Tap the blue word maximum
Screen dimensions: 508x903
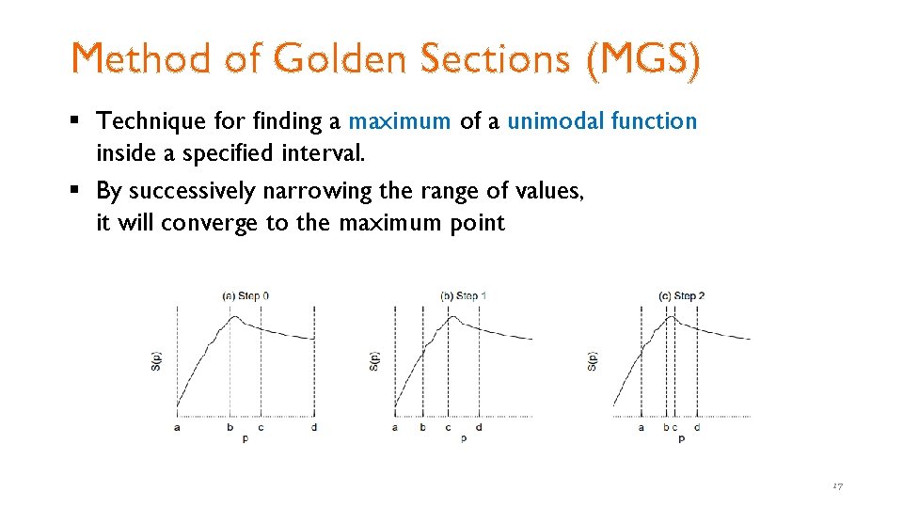click(400, 121)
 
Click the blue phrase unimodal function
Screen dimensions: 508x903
click(602, 121)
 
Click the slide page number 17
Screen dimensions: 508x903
click(837, 485)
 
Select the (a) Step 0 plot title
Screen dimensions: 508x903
click(246, 295)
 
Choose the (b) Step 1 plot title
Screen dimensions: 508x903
click(464, 295)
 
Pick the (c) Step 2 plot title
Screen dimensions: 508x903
click(682, 295)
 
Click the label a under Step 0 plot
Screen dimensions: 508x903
click(177, 427)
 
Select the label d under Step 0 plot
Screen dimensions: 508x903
click(314, 427)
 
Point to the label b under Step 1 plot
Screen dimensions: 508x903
click(421, 427)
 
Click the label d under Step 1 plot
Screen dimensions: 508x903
click(479, 427)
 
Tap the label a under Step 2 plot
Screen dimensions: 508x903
click(642, 427)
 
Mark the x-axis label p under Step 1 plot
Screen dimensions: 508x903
click(464, 438)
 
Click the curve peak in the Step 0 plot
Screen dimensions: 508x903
click(235, 318)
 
